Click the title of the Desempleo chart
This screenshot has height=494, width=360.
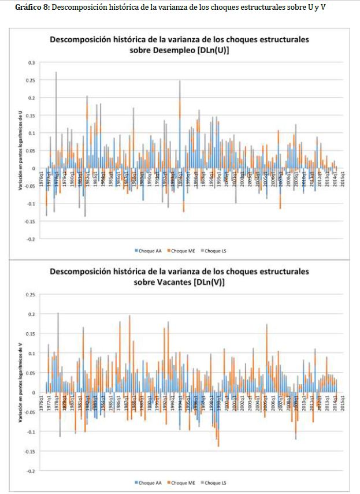(x=179, y=44)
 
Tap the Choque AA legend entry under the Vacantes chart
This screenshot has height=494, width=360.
(x=150, y=482)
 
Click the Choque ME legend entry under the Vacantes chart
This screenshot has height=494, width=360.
(x=181, y=482)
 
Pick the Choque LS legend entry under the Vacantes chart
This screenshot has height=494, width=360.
(x=213, y=482)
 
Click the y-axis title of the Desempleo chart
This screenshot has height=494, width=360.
(x=20, y=150)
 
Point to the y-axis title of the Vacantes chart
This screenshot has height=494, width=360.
(x=20, y=382)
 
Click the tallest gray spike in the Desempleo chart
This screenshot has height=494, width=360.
(x=56, y=75)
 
